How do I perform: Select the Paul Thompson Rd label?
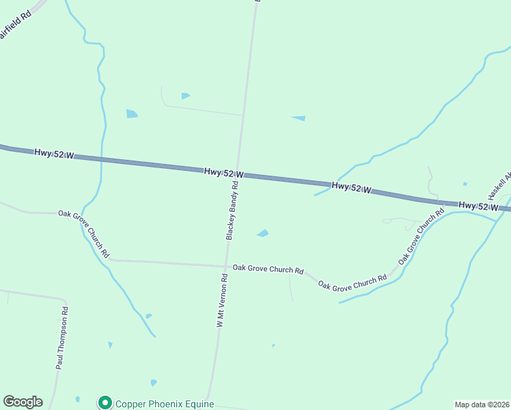click(63, 338)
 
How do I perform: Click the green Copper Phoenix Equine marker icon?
click(105, 403)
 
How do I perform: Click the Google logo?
click(23, 402)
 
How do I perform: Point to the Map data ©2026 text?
click(482, 405)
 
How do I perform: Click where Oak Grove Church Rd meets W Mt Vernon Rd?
click(226, 266)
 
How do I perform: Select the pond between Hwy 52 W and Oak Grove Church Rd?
click(262, 234)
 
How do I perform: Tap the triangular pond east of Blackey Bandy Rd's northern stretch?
click(299, 118)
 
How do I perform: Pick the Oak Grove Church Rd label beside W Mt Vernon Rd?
click(268, 270)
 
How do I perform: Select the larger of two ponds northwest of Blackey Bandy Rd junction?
click(132, 113)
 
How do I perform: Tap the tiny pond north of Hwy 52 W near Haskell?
click(465, 184)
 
